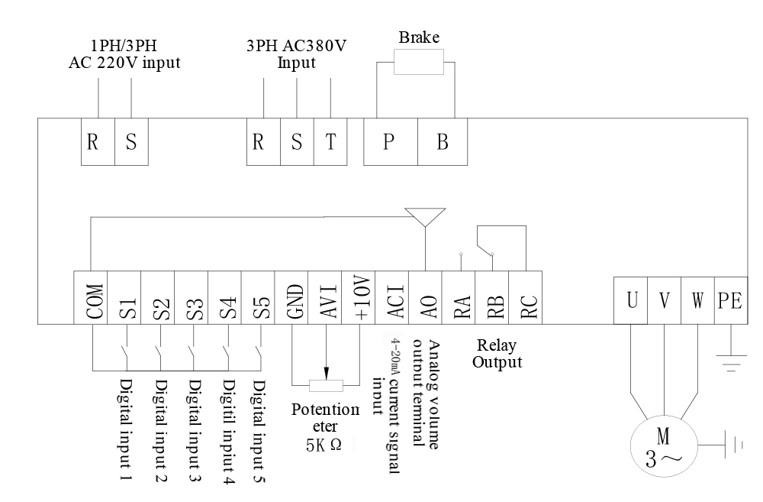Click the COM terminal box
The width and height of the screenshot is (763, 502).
click(x=90, y=298)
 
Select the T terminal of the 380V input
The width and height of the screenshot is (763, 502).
click(x=330, y=142)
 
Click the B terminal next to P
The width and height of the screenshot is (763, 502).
click(x=442, y=142)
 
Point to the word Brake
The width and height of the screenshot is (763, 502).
click(x=419, y=37)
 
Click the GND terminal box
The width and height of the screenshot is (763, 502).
click(x=292, y=298)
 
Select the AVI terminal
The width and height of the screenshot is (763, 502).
click(x=326, y=298)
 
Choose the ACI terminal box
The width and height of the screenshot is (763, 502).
click(x=393, y=298)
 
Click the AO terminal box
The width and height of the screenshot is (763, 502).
click(x=425, y=298)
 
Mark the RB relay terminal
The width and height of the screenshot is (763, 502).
click(x=492, y=298)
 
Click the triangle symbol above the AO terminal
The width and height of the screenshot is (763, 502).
click(x=424, y=216)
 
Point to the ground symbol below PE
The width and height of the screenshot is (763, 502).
click(x=730, y=361)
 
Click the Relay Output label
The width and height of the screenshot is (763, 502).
click(x=497, y=354)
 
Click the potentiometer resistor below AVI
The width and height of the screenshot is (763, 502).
click(x=326, y=384)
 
